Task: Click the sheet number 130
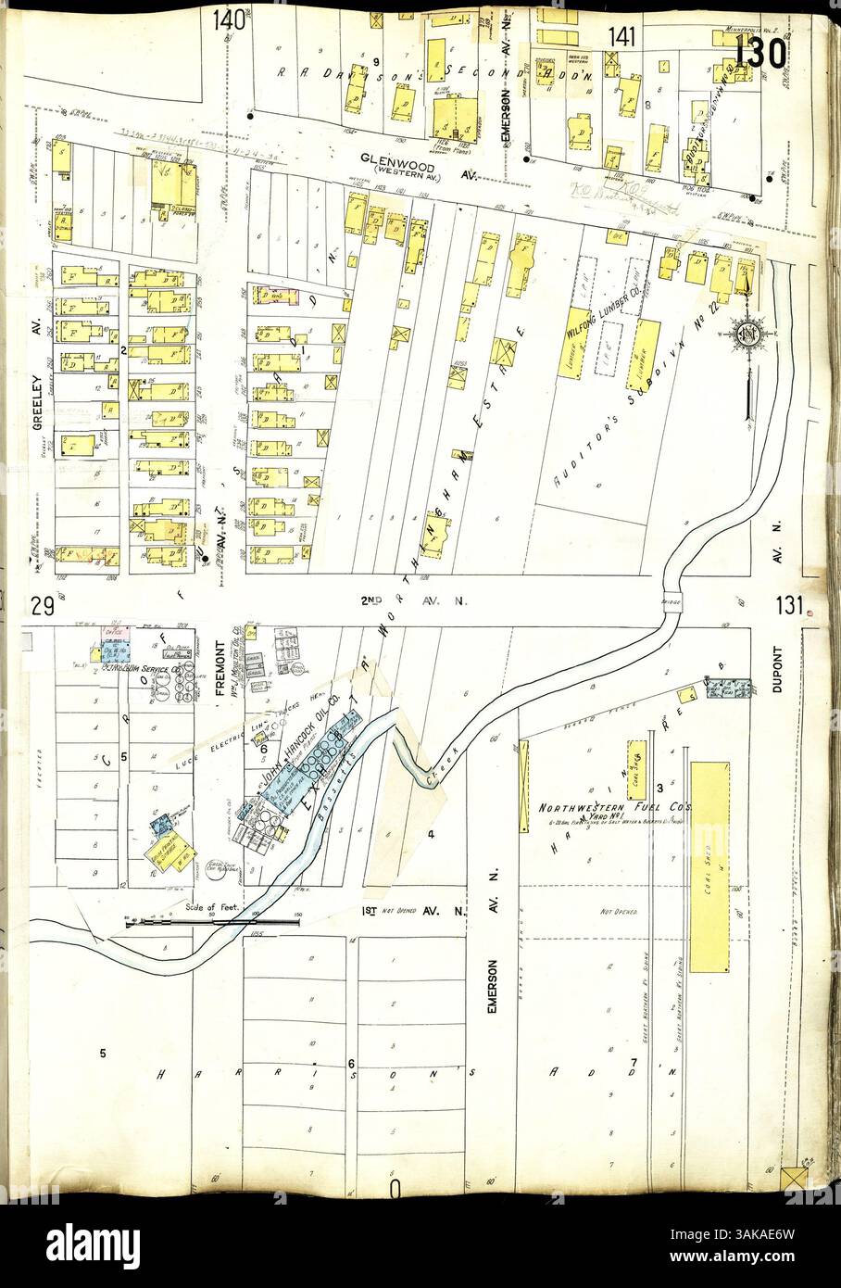point(762,53)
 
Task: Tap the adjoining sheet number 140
point(227,19)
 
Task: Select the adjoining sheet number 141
point(622,37)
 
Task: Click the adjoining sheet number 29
point(39,608)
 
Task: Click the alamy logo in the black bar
point(93,1242)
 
